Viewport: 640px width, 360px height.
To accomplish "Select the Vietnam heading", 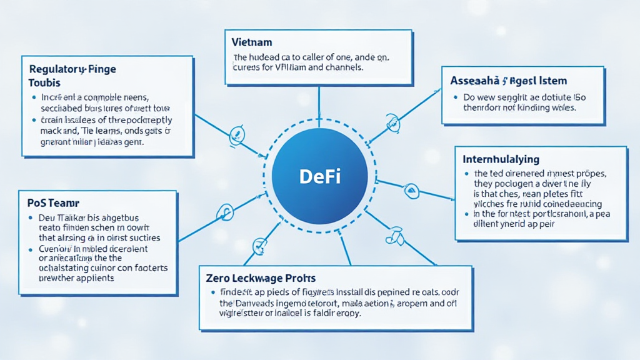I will (251, 43).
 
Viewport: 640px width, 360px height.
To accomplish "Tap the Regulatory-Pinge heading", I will (72, 69).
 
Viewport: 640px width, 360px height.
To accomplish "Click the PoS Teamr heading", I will (52, 203).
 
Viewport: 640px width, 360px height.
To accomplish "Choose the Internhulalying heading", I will (501, 160).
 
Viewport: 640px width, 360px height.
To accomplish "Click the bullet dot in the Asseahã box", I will (455, 98).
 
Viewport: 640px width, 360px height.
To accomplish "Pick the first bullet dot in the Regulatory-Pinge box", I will (33, 98).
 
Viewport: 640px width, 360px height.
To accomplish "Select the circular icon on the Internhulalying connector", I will (411, 189).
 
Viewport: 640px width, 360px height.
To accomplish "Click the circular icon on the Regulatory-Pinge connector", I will (237, 133).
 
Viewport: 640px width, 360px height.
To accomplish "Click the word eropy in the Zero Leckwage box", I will (348, 313).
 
